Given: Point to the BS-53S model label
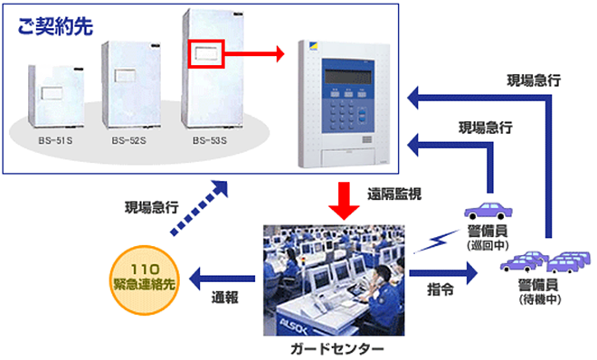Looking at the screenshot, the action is (x=212, y=142).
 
